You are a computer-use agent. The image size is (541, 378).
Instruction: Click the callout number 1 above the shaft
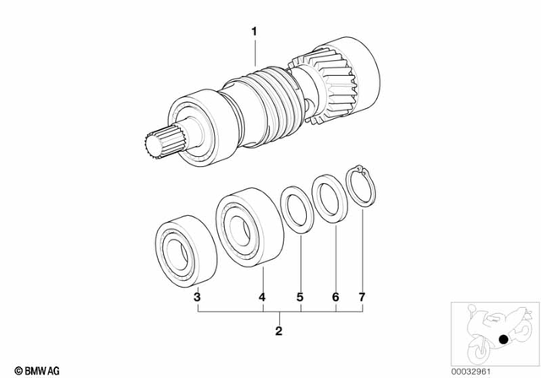click(252, 31)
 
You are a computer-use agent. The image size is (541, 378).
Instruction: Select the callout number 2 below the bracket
click(278, 331)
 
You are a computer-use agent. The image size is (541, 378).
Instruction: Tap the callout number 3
click(196, 297)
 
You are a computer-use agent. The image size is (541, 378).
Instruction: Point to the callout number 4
click(262, 297)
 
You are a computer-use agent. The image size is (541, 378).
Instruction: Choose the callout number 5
click(298, 297)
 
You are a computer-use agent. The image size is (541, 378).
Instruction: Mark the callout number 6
click(335, 297)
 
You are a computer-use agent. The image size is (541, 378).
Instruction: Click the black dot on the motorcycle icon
click(503, 339)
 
